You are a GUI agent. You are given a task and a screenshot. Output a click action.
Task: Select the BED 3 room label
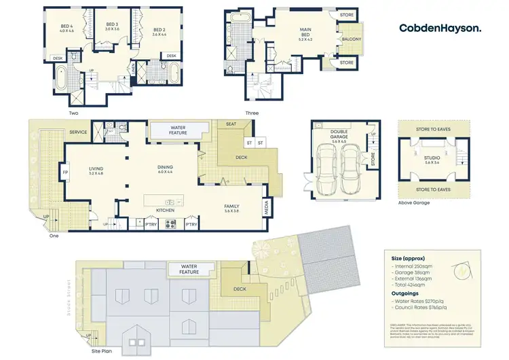[x=112, y=26]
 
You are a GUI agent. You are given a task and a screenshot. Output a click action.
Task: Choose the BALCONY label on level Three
[x=352, y=39]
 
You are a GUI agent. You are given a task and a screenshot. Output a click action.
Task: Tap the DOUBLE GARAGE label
[x=339, y=134]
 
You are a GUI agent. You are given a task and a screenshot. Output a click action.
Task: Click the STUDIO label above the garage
[x=432, y=160]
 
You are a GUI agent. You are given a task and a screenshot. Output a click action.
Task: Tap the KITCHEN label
[x=166, y=211]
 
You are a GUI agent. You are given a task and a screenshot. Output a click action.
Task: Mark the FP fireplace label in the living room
[x=66, y=173]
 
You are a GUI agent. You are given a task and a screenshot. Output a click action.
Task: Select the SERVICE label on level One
[x=78, y=132]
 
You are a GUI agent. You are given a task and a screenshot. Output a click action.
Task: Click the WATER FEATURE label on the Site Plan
[x=189, y=269]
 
